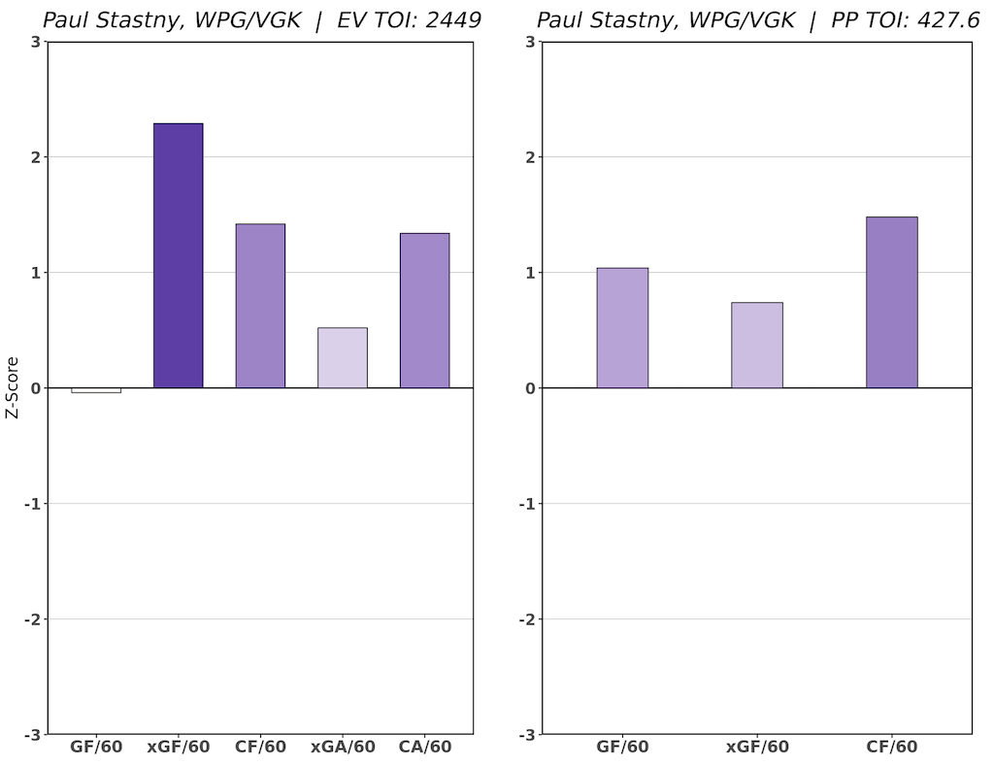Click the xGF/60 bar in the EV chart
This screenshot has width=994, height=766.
(179, 255)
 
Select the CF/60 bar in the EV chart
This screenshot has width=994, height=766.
(260, 306)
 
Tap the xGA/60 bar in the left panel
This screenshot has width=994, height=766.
(343, 357)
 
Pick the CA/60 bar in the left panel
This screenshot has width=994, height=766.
(424, 310)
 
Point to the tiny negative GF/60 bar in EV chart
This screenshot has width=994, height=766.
(96, 390)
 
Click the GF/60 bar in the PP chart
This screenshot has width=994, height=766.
(622, 327)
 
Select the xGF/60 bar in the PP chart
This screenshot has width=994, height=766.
(757, 345)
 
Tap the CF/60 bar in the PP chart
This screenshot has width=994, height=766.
(892, 302)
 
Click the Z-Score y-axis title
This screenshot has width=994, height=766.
(13, 387)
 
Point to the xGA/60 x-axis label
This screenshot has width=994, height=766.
(343, 748)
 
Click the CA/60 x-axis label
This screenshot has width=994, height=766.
(424, 748)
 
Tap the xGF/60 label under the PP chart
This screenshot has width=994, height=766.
(757, 748)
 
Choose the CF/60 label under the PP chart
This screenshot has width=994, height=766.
(892, 748)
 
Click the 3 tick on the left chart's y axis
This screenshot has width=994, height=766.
(35, 42)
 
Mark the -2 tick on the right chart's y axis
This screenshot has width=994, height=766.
(526, 619)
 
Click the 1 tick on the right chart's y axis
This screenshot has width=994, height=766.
(529, 273)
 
